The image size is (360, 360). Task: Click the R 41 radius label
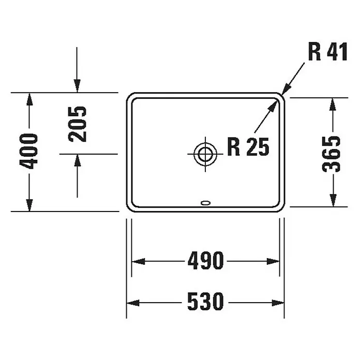(327, 52)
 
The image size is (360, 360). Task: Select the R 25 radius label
(248, 147)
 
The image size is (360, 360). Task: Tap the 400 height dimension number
(28, 152)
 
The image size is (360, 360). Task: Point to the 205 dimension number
(77, 124)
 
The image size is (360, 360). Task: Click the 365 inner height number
(331, 154)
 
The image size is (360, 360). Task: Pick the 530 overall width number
(205, 302)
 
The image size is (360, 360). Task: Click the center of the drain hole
(205, 154)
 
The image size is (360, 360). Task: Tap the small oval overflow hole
(205, 203)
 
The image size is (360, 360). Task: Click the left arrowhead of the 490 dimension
(138, 261)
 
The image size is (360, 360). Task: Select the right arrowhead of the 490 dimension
(273, 261)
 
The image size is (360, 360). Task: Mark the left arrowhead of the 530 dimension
(133, 303)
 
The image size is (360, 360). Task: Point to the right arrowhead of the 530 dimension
(278, 303)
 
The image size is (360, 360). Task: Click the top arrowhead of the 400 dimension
(29, 99)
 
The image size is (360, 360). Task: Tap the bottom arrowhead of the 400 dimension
(29, 205)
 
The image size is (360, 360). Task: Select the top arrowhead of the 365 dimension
(333, 104)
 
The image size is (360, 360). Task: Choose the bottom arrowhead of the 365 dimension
(333, 200)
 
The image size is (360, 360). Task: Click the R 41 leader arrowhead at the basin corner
(286, 89)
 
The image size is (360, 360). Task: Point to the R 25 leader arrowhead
(273, 106)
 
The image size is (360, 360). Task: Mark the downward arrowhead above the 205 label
(77, 86)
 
